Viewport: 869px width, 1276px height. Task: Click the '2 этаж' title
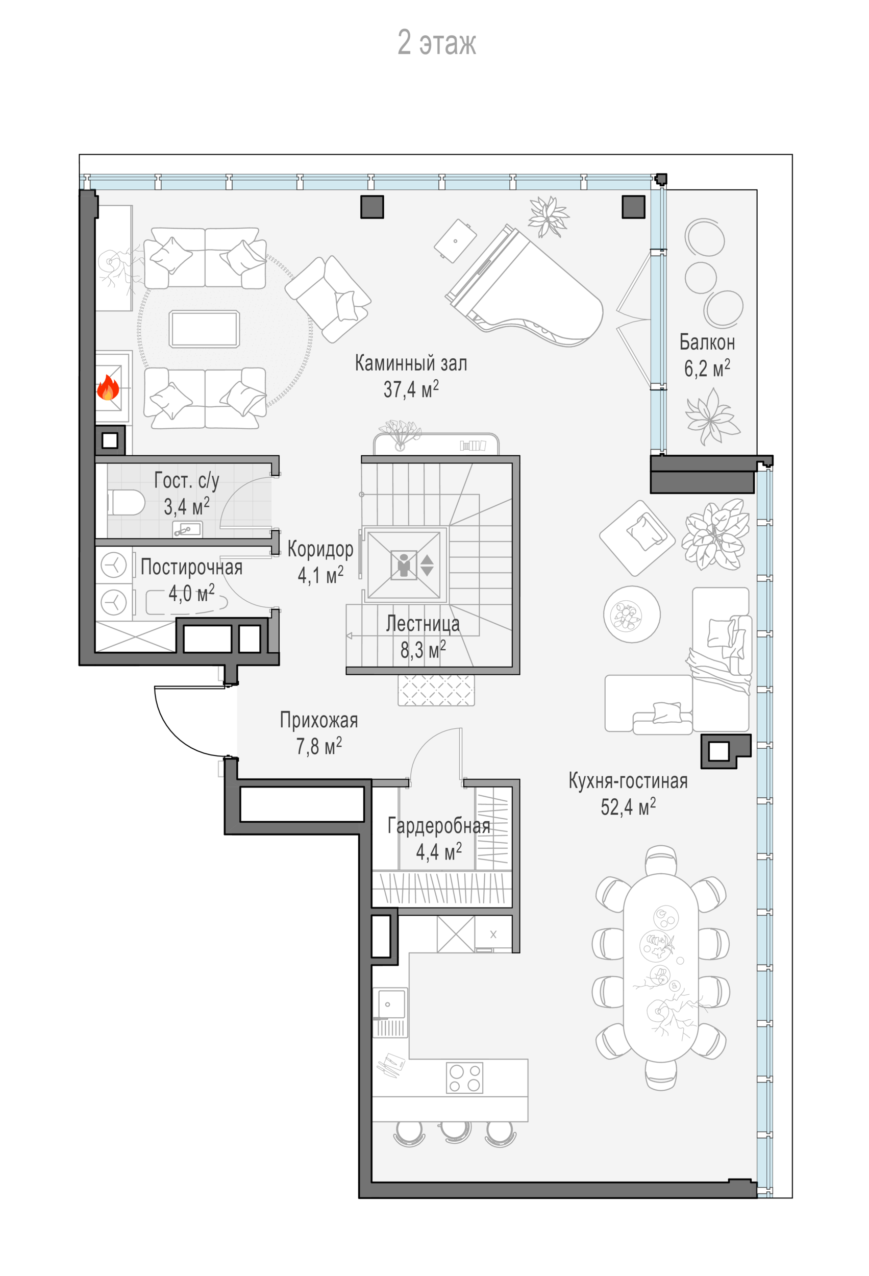(436, 43)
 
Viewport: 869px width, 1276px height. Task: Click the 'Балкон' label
(707, 342)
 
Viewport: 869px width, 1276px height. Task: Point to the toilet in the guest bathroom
(126, 502)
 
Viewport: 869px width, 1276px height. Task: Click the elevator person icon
(405, 565)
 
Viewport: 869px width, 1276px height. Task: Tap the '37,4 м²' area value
(411, 389)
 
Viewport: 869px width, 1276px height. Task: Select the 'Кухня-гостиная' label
(628, 781)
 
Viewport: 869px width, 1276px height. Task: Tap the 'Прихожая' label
(318, 720)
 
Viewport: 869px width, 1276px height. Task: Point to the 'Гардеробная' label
(439, 826)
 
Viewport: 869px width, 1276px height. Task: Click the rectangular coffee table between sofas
(204, 329)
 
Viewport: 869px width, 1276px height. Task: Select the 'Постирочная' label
(191, 567)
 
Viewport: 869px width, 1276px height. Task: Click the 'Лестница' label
(423, 623)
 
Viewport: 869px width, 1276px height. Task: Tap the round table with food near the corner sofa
(631, 614)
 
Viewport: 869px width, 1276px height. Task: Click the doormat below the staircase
(436, 690)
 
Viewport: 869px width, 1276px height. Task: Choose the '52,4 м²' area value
(628, 807)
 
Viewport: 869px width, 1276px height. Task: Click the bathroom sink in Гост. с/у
(187, 530)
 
